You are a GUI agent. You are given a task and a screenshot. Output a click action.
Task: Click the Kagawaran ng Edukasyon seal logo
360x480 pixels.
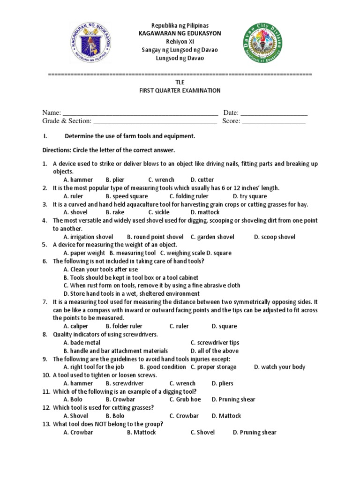(92, 43)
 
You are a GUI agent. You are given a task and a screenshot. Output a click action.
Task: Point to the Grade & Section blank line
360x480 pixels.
(155, 121)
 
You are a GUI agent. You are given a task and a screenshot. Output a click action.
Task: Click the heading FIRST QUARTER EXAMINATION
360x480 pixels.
(180, 90)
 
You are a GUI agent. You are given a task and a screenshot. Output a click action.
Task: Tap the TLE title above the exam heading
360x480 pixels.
(180, 82)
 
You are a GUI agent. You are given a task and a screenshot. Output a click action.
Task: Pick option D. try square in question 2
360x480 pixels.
(249, 196)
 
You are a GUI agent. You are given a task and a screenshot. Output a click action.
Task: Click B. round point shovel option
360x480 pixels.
(155, 237)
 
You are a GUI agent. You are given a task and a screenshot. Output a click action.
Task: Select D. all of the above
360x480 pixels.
(214, 351)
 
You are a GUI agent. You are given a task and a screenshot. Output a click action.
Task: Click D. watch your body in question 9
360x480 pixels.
(279, 367)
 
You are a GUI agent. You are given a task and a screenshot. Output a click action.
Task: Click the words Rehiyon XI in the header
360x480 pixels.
(180, 42)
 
